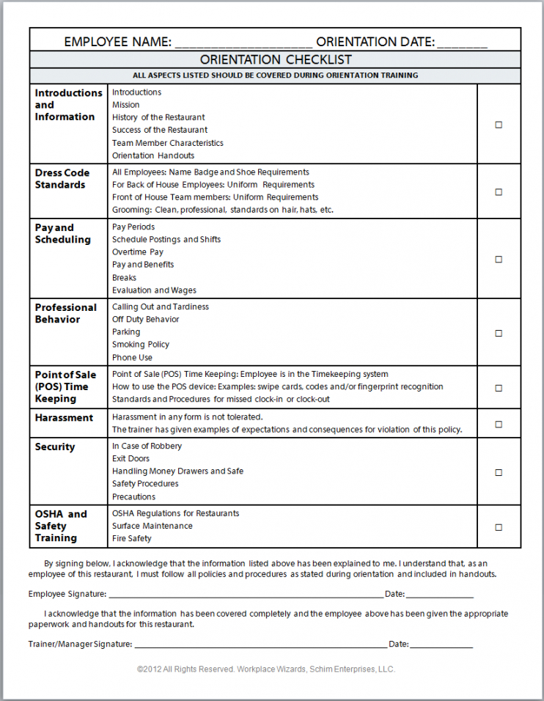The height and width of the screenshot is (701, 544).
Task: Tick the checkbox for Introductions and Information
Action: click(499, 125)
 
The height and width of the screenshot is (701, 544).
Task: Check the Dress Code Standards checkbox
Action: click(499, 192)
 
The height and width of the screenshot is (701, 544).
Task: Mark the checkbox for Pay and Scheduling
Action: click(499, 259)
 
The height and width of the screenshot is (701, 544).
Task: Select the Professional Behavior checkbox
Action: click(499, 333)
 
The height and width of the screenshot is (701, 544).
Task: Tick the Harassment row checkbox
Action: click(499, 424)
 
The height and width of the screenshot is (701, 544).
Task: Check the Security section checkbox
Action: click(499, 472)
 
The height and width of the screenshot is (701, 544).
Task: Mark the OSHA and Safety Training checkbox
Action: click(499, 526)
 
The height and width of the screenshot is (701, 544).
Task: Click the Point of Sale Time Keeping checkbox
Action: click(499, 388)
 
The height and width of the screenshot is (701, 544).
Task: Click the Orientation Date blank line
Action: click(462, 43)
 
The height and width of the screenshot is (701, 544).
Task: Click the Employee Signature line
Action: click(246, 595)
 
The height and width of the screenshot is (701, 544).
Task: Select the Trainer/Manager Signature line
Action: click(260, 645)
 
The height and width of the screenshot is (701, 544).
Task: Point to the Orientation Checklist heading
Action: click(276, 60)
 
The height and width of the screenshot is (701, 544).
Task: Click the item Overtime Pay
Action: click(138, 252)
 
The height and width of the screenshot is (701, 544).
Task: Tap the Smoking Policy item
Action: click(141, 345)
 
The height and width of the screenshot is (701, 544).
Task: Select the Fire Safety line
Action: click(132, 538)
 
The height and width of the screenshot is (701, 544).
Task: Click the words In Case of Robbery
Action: click(147, 446)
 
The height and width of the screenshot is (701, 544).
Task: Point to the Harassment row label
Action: click(64, 418)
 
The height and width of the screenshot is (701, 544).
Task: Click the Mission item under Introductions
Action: click(126, 105)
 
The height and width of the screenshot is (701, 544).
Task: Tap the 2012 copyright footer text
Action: click(265, 669)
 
